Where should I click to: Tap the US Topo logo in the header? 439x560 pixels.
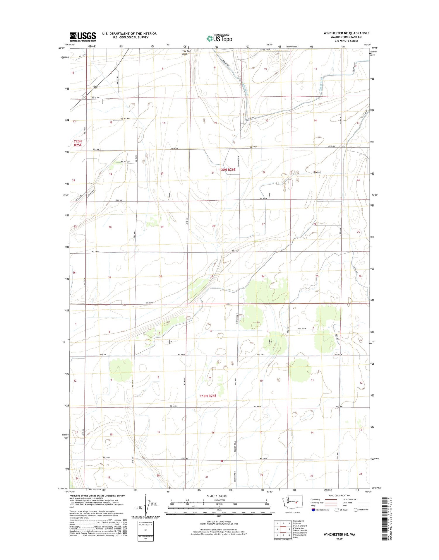point(220,38)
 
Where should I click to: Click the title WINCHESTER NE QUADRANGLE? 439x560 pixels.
point(346,33)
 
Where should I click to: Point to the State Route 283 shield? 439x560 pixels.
point(95,87)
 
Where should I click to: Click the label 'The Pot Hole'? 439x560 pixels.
point(186,52)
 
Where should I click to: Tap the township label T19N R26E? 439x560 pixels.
point(208,396)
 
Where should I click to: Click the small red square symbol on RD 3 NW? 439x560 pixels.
point(222,461)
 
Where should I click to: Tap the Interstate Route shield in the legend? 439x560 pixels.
point(313,510)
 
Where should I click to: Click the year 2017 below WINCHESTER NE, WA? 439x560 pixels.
point(339,539)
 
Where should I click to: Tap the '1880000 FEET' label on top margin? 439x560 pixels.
point(292,47)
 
